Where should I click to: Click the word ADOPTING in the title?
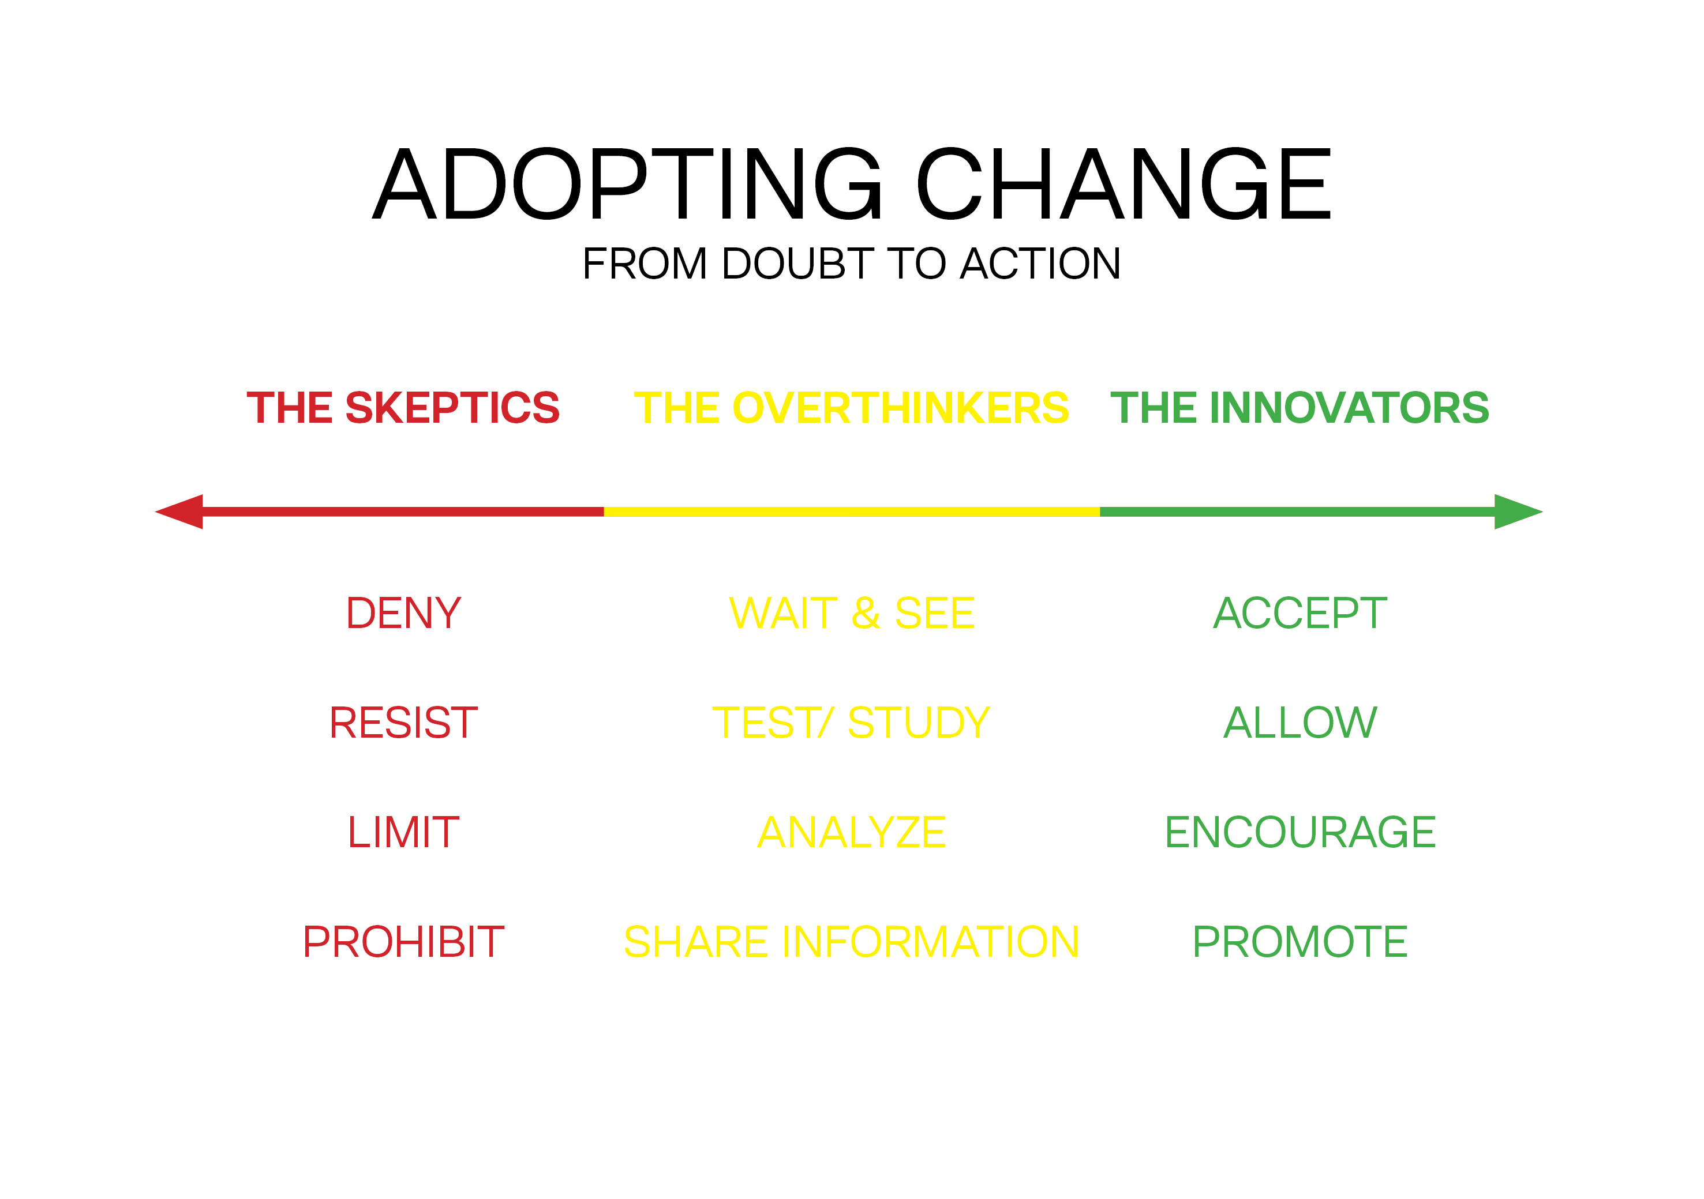(x=628, y=184)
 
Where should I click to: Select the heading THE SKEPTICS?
(x=403, y=408)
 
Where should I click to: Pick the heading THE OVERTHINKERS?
(x=851, y=408)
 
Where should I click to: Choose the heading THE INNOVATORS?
(x=1299, y=408)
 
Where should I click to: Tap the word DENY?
(x=404, y=614)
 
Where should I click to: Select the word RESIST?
(x=404, y=723)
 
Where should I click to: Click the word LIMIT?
(x=404, y=832)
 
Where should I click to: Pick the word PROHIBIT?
(x=404, y=942)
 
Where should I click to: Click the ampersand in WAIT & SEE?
(x=866, y=614)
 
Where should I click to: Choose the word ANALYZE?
(x=852, y=832)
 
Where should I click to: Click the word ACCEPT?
(x=1300, y=614)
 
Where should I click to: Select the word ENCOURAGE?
(x=1300, y=832)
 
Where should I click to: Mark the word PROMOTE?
(x=1300, y=942)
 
